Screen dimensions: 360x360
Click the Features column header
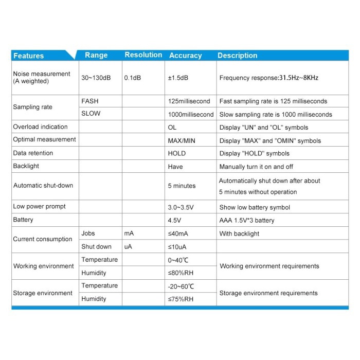point(28,56)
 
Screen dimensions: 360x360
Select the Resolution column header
point(143,55)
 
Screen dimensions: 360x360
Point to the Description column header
point(237,56)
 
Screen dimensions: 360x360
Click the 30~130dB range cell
point(96,78)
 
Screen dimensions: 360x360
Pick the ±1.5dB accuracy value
point(178,78)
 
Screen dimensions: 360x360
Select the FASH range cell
point(90,101)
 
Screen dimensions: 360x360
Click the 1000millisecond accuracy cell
point(190,114)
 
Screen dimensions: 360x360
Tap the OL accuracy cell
point(172,127)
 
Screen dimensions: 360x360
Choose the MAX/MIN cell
point(182,140)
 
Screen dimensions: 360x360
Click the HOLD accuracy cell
point(177,153)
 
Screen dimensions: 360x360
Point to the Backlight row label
point(26,166)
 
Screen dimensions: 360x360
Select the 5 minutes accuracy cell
point(182,186)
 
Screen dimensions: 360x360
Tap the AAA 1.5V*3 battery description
point(247,220)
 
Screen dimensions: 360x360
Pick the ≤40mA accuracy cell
point(178,233)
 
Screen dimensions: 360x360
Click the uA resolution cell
point(128,247)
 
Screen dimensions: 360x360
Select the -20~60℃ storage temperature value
point(181,286)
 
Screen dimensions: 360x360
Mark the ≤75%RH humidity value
point(181,299)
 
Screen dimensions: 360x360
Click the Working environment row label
point(44,266)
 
